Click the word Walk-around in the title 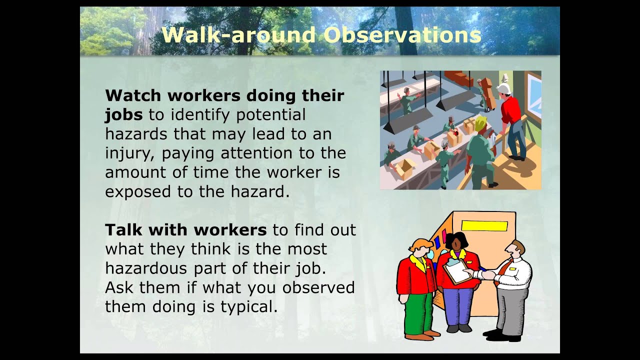[238, 35]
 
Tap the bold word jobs [123, 115]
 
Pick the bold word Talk [123, 230]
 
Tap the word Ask [119, 287]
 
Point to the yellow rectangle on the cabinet [484, 226]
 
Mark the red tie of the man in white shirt [498, 273]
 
